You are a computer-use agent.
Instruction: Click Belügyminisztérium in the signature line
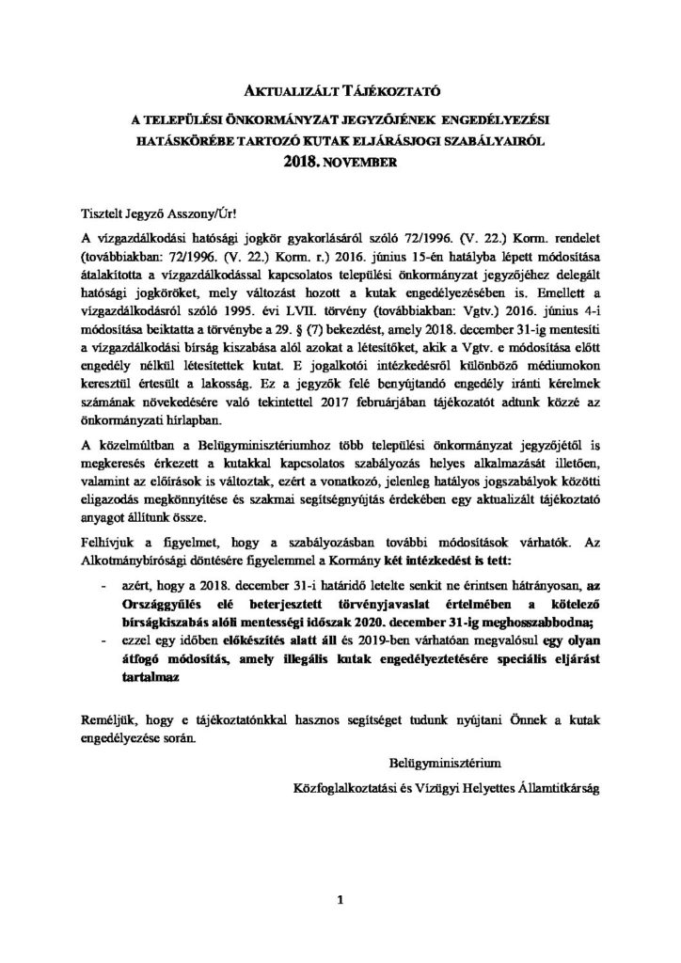442,758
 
